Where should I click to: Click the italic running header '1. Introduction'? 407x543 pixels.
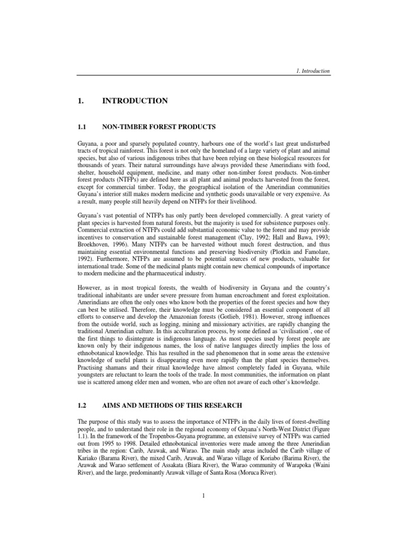click(x=311, y=71)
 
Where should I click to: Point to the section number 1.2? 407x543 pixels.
click(x=83, y=405)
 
